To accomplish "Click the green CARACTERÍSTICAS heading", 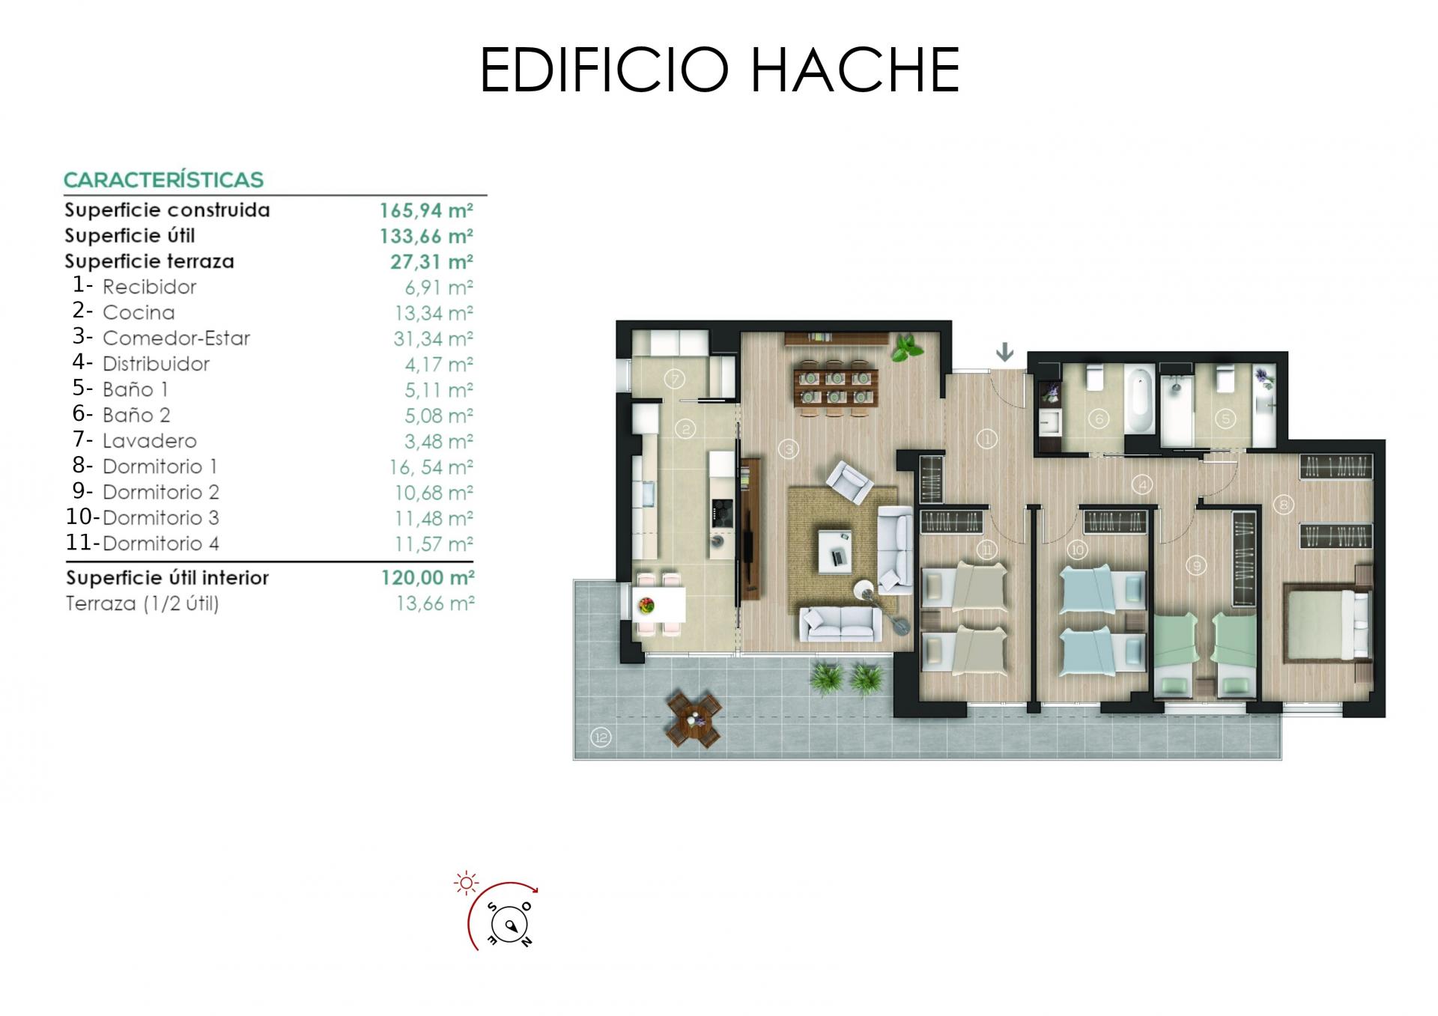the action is coord(163,180).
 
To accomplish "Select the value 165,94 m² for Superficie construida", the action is coord(426,210).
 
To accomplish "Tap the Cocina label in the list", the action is coord(139,312).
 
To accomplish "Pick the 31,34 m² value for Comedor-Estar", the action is coord(434,338).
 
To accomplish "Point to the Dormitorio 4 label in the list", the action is coord(161,544).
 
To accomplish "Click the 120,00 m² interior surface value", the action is coord(428,578).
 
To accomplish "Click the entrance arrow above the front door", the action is coord(1004,351).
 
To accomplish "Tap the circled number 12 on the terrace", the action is coord(601,737).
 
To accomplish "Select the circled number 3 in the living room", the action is coord(788,449).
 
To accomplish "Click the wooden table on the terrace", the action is coord(694,719).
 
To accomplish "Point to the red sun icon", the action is coord(466,883).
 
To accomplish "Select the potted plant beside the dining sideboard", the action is coord(905,347).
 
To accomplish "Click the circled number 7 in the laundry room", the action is coord(675,380).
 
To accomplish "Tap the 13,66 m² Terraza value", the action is coord(435,603).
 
